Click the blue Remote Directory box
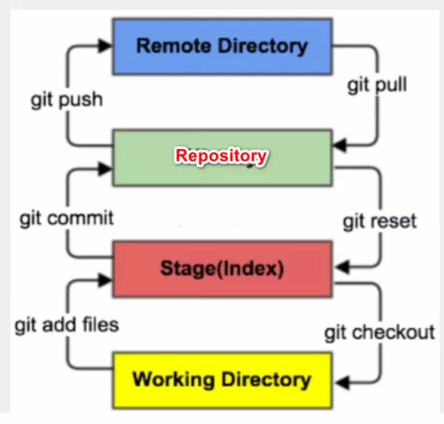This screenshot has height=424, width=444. (222, 46)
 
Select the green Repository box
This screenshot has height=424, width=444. (222, 157)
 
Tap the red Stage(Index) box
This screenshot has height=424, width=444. (222, 269)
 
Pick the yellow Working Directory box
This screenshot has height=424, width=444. (222, 379)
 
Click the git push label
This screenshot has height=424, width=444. (67, 100)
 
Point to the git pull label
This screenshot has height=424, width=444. (377, 86)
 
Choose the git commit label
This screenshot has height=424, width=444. (67, 218)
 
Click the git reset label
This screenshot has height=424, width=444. (380, 221)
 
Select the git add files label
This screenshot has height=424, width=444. (67, 325)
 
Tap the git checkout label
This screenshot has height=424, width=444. (380, 332)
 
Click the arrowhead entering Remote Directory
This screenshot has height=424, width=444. (105, 46)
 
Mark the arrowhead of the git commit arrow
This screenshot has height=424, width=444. (105, 167)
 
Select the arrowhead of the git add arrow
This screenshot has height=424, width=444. (105, 278)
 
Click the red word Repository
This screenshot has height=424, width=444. (221, 155)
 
